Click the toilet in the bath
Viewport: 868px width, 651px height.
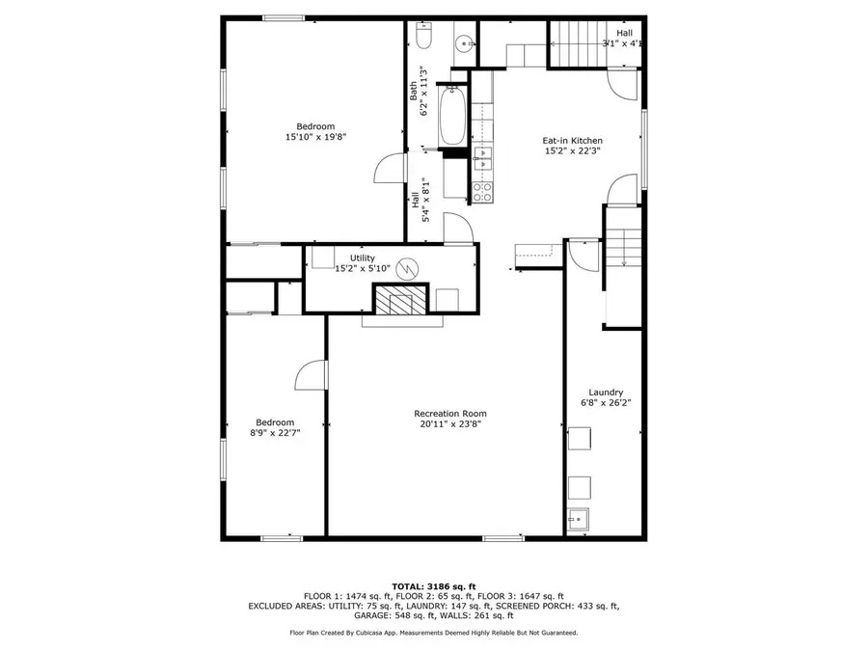pos(423,36)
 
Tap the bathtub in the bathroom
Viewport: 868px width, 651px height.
pos(452,117)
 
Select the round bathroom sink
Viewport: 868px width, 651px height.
pos(463,42)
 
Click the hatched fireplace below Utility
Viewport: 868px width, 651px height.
pos(401,300)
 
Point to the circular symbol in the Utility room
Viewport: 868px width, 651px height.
pos(407,269)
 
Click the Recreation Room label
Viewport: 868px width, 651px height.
pos(450,414)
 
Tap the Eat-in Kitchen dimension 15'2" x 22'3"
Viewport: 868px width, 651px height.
pos(572,150)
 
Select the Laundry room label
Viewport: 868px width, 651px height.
pos(606,393)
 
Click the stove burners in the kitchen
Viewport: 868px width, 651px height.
pos(482,192)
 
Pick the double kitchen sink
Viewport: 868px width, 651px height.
pos(482,158)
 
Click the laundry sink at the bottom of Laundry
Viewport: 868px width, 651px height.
pos(579,519)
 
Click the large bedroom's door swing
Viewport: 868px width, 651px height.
pos(391,168)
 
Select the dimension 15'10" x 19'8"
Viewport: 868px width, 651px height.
pos(315,137)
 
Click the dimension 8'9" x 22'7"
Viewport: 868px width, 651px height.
pos(275,433)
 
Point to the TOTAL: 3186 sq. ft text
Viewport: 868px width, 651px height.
pos(434,586)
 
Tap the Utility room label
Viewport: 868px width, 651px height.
pos(362,258)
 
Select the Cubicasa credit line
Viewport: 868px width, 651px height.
pos(434,633)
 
